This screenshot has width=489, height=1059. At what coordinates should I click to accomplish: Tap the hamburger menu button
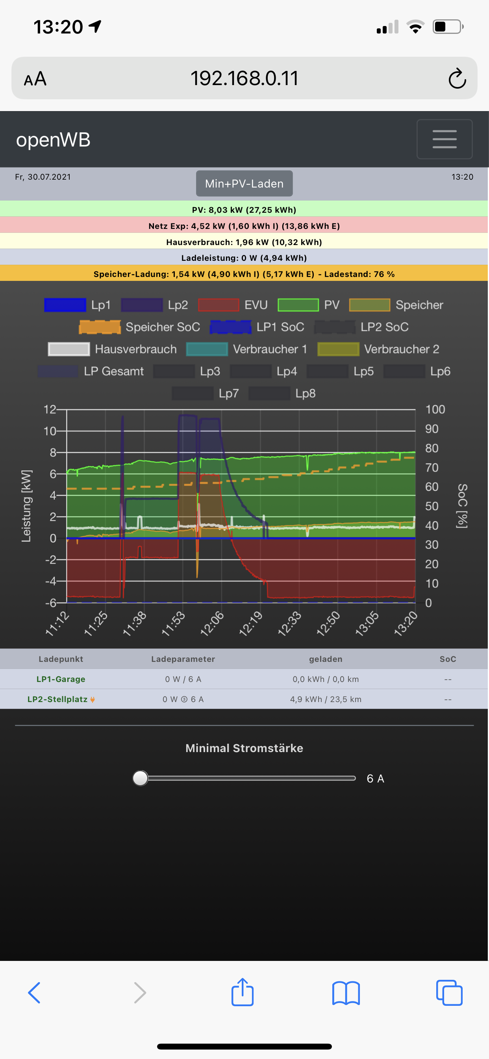pyautogui.click(x=444, y=139)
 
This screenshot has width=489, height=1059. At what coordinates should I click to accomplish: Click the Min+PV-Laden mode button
pyautogui.click(x=244, y=183)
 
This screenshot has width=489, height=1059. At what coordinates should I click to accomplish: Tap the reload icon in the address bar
pyautogui.click(x=457, y=78)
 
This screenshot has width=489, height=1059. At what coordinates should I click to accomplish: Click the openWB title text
pyautogui.click(x=53, y=140)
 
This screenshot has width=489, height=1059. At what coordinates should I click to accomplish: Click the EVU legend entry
pyautogui.click(x=233, y=305)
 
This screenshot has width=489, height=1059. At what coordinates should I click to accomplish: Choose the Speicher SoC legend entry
pyautogui.click(x=140, y=327)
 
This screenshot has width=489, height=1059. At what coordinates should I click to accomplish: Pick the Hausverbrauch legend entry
pyautogui.click(x=113, y=349)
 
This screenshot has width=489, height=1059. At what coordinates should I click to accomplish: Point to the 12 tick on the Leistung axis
pyautogui.click(x=50, y=409)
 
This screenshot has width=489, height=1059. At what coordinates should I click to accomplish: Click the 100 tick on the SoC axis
pyautogui.click(x=435, y=409)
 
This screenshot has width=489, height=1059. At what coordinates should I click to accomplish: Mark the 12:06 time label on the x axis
pyautogui.click(x=212, y=623)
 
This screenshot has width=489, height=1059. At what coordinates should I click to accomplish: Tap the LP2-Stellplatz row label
pyautogui.click(x=57, y=699)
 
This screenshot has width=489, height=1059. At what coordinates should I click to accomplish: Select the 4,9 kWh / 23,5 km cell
pyautogui.click(x=326, y=699)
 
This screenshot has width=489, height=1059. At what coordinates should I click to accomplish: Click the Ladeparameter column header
pyautogui.click(x=183, y=659)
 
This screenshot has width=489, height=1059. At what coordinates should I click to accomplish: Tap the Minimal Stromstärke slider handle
pyautogui.click(x=141, y=778)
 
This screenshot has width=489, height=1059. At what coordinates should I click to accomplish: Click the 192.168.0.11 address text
pyautogui.click(x=244, y=78)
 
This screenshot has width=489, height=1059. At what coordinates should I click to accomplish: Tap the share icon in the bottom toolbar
pyautogui.click(x=243, y=992)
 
